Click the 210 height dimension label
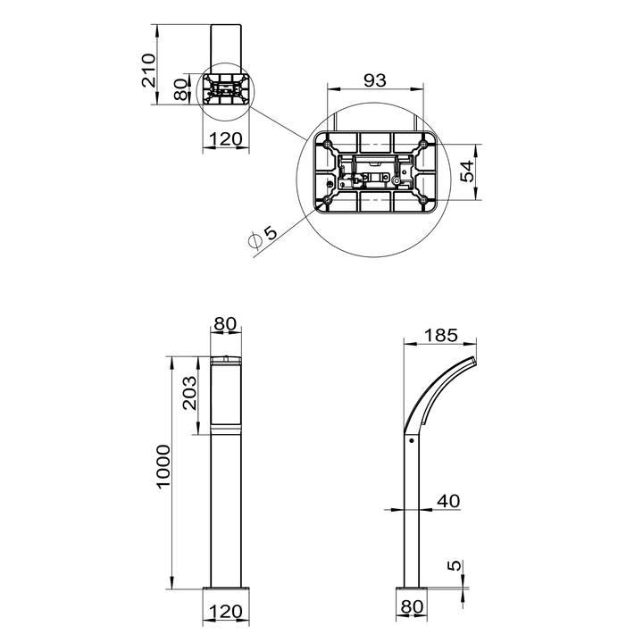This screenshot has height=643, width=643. (x=149, y=71)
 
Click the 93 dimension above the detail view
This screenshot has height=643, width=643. (x=375, y=80)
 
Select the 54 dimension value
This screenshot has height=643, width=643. (x=467, y=171)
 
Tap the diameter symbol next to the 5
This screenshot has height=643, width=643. (x=255, y=241)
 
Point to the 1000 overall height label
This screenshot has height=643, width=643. (x=163, y=466)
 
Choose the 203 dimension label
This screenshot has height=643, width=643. (x=189, y=393)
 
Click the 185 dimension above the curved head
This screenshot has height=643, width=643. (x=440, y=336)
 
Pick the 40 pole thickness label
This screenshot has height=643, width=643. (x=448, y=501)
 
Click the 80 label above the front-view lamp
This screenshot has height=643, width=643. (x=226, y=324)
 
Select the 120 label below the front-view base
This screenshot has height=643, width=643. (x=226, y=612)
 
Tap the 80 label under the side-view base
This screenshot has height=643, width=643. (x=412, y=606)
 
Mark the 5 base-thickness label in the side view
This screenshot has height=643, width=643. (x=454, y=565)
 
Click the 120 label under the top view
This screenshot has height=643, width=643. (x=226, y=139)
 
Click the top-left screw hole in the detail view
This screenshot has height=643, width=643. (x=327, y=144)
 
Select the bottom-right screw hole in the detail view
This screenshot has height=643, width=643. (x=422, y=200)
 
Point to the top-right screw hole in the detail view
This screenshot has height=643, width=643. (x=422, y=144)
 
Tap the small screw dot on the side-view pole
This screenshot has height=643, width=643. (x=412, y=440)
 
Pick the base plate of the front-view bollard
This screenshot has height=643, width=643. (x=226, y=589)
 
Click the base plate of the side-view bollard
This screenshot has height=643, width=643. (x=412, y=589)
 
